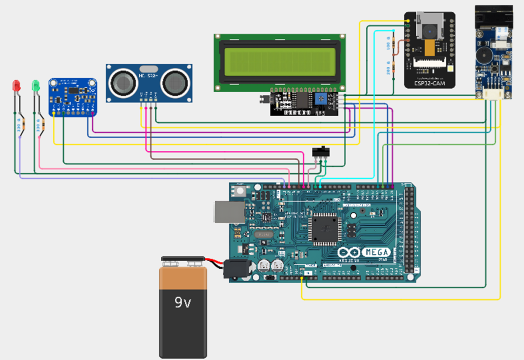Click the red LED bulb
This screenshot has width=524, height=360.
(16, 85)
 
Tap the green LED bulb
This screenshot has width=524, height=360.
(36, 85)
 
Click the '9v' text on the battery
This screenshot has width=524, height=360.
(183, 302)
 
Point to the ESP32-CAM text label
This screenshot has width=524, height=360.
(429, 83)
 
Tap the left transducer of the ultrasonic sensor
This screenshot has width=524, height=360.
(123, 82)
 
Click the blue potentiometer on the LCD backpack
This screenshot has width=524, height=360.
(324, 100)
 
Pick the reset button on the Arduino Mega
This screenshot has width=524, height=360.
(239, 191)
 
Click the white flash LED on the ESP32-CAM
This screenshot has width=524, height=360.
(449, 69)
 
